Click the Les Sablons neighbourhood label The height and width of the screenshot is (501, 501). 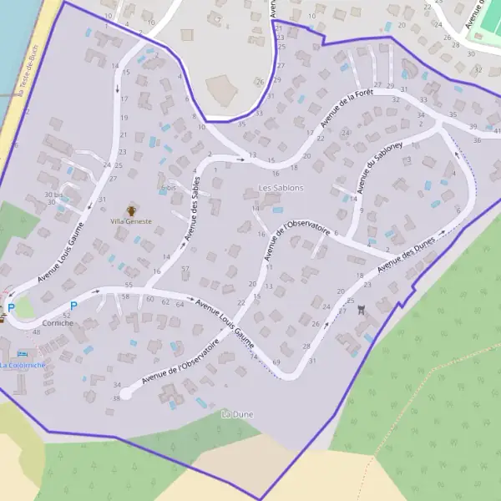[x=281, y=188]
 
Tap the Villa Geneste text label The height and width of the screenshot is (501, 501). [x=131, y=221]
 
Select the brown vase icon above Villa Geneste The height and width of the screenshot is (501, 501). [x=131, y=210]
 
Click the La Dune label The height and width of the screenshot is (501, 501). [x=236, y=414]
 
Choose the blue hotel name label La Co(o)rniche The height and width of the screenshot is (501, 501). [x=23, y=365]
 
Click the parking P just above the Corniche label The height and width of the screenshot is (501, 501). [x=73, y=306]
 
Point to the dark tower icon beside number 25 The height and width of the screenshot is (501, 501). [x=361, y=308]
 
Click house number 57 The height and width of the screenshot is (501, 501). [x=185, y=268]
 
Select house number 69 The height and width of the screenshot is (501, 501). [x=276, y=362]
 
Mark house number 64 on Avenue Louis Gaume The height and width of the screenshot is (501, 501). [x=180, y=304]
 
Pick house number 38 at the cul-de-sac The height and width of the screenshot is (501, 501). [x=117, y=398]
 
